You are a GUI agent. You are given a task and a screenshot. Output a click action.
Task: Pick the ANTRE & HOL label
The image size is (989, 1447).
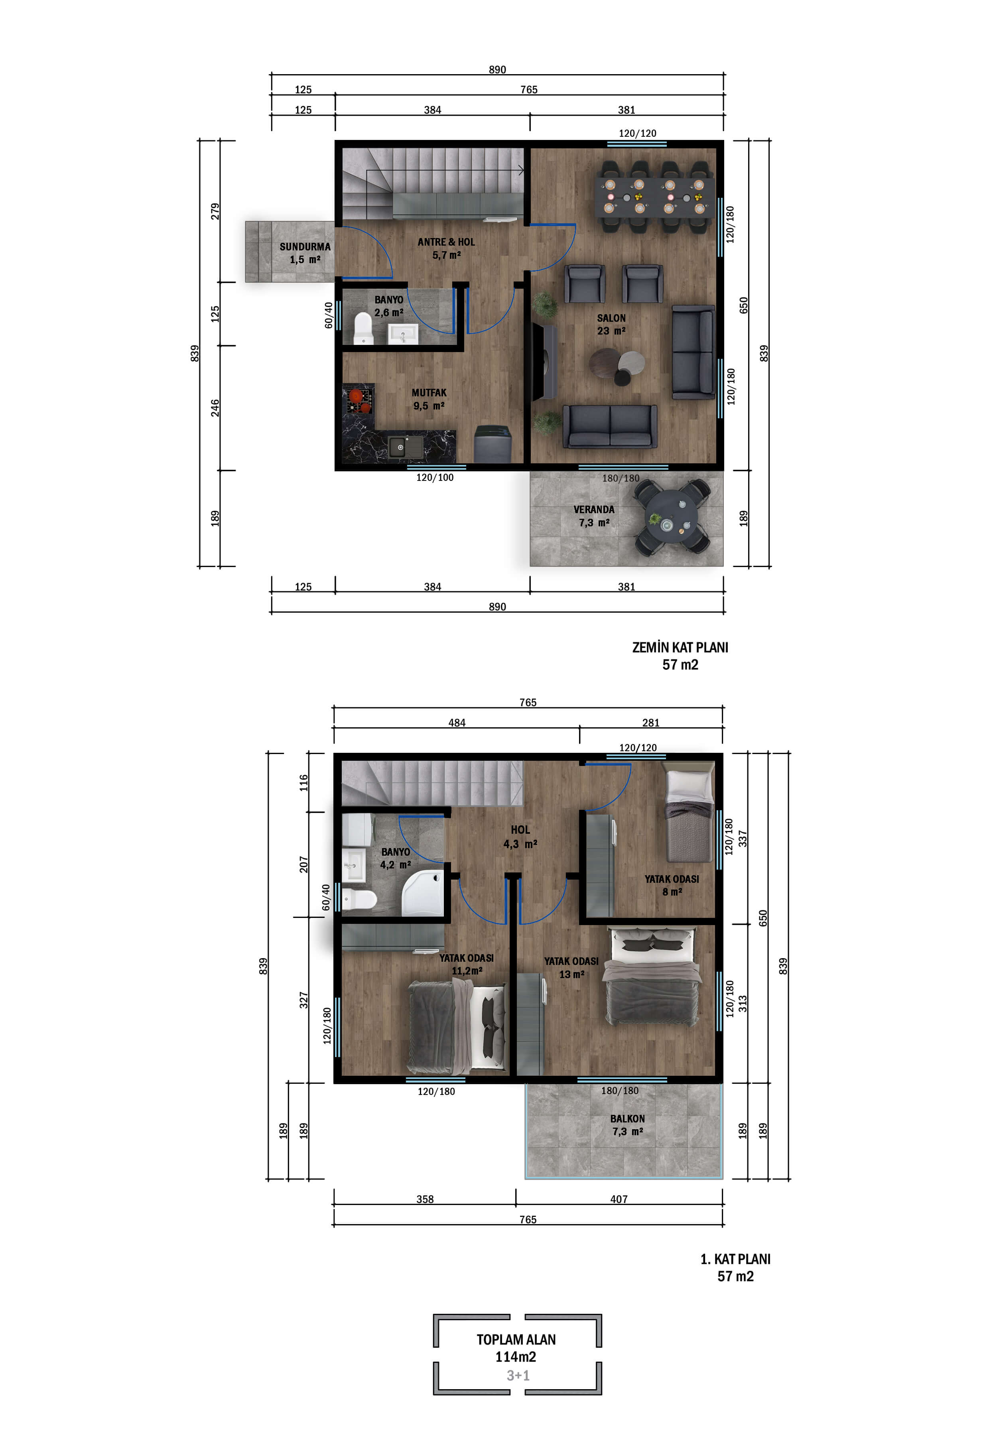tap(446, 242)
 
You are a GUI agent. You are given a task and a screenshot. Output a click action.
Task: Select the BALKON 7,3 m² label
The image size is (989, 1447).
tap(627, 1124)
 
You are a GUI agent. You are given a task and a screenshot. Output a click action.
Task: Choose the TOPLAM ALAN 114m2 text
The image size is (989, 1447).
tap(516, 1348)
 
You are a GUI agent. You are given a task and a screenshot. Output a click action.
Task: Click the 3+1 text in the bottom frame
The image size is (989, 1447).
tap(518, 1375)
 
